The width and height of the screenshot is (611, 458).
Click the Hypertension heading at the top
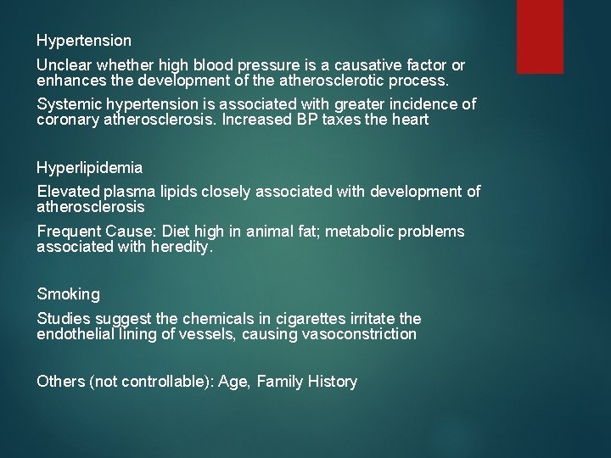[x=84, y=41]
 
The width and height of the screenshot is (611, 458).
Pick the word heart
[x=410, y=120]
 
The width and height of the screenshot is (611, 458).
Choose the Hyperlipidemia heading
[x=89, y=167]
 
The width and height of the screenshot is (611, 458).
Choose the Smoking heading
[x=68, y=294]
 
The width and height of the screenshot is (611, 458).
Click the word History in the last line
[x=329, y=382]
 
